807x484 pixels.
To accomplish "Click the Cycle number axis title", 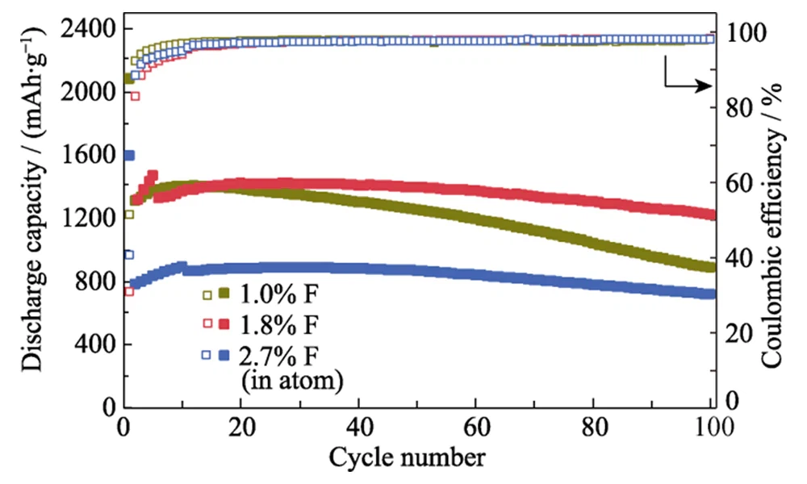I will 407,457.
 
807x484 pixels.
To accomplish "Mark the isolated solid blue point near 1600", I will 128,155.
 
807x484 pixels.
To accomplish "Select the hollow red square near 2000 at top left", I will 135,96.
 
